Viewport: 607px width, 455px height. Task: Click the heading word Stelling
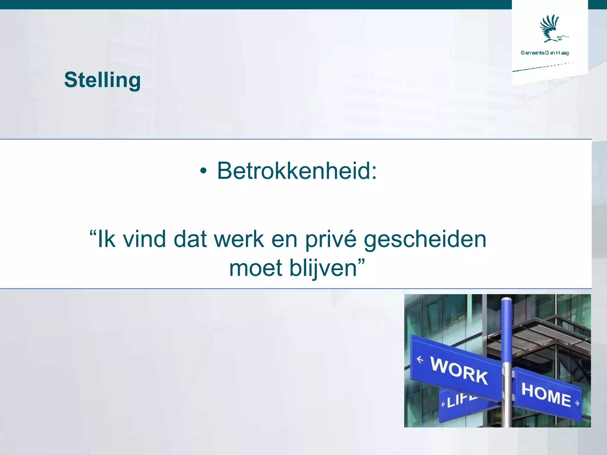coord(102,80)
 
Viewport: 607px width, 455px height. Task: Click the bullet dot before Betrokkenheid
coord(203,172)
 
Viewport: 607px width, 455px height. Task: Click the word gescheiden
coord(425,240)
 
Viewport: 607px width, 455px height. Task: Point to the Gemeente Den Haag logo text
coord(545,53)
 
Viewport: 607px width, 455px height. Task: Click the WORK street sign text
coord(459,371)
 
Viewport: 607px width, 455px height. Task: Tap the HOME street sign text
coord(546,394)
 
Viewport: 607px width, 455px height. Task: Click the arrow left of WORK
coord(420,360)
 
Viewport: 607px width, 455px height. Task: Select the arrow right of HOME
coord(577,403)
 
